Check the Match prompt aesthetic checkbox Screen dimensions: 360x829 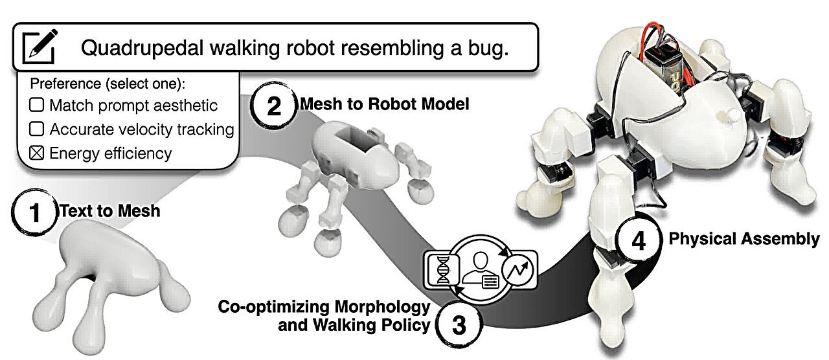pyautogui.click(x=36, y=105)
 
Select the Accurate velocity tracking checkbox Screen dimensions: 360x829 pyautogui.click(x=36, y=129)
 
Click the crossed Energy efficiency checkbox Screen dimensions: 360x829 pyautogui.click(x=36, y=153)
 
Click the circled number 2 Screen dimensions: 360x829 pyautogui.click(x=273, y=106)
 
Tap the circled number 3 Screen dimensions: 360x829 pyautogui.click(x=458, y=324)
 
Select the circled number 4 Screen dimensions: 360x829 pyautogui.click(x=637, y=241)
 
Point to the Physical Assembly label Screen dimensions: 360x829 pyautogui.click(x=744, y=239)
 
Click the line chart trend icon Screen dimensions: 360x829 pyautogui.click(x=519, y=267)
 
